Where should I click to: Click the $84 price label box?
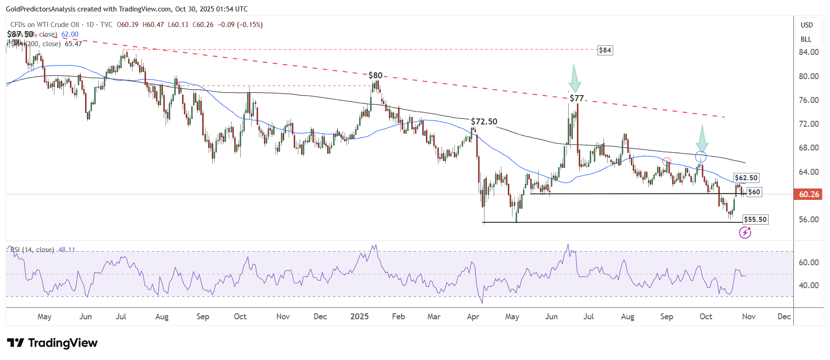605,50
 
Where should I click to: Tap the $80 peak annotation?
375,75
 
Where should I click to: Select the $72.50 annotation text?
484,122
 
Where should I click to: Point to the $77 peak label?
577,98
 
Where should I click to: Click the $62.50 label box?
746,178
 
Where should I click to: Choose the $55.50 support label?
755,220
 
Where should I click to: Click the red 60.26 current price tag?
808,194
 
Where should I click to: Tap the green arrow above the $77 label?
574,79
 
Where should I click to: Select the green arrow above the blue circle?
701,138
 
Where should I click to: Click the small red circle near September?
667,161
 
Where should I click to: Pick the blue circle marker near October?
701,157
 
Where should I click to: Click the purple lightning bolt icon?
745,233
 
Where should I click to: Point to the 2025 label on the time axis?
359,317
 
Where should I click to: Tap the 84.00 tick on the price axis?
808,52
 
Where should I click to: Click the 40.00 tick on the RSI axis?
808,285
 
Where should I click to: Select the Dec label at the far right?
784,317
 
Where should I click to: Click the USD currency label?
807,25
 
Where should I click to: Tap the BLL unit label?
806,39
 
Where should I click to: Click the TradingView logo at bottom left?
52,343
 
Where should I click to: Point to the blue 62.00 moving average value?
70,34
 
